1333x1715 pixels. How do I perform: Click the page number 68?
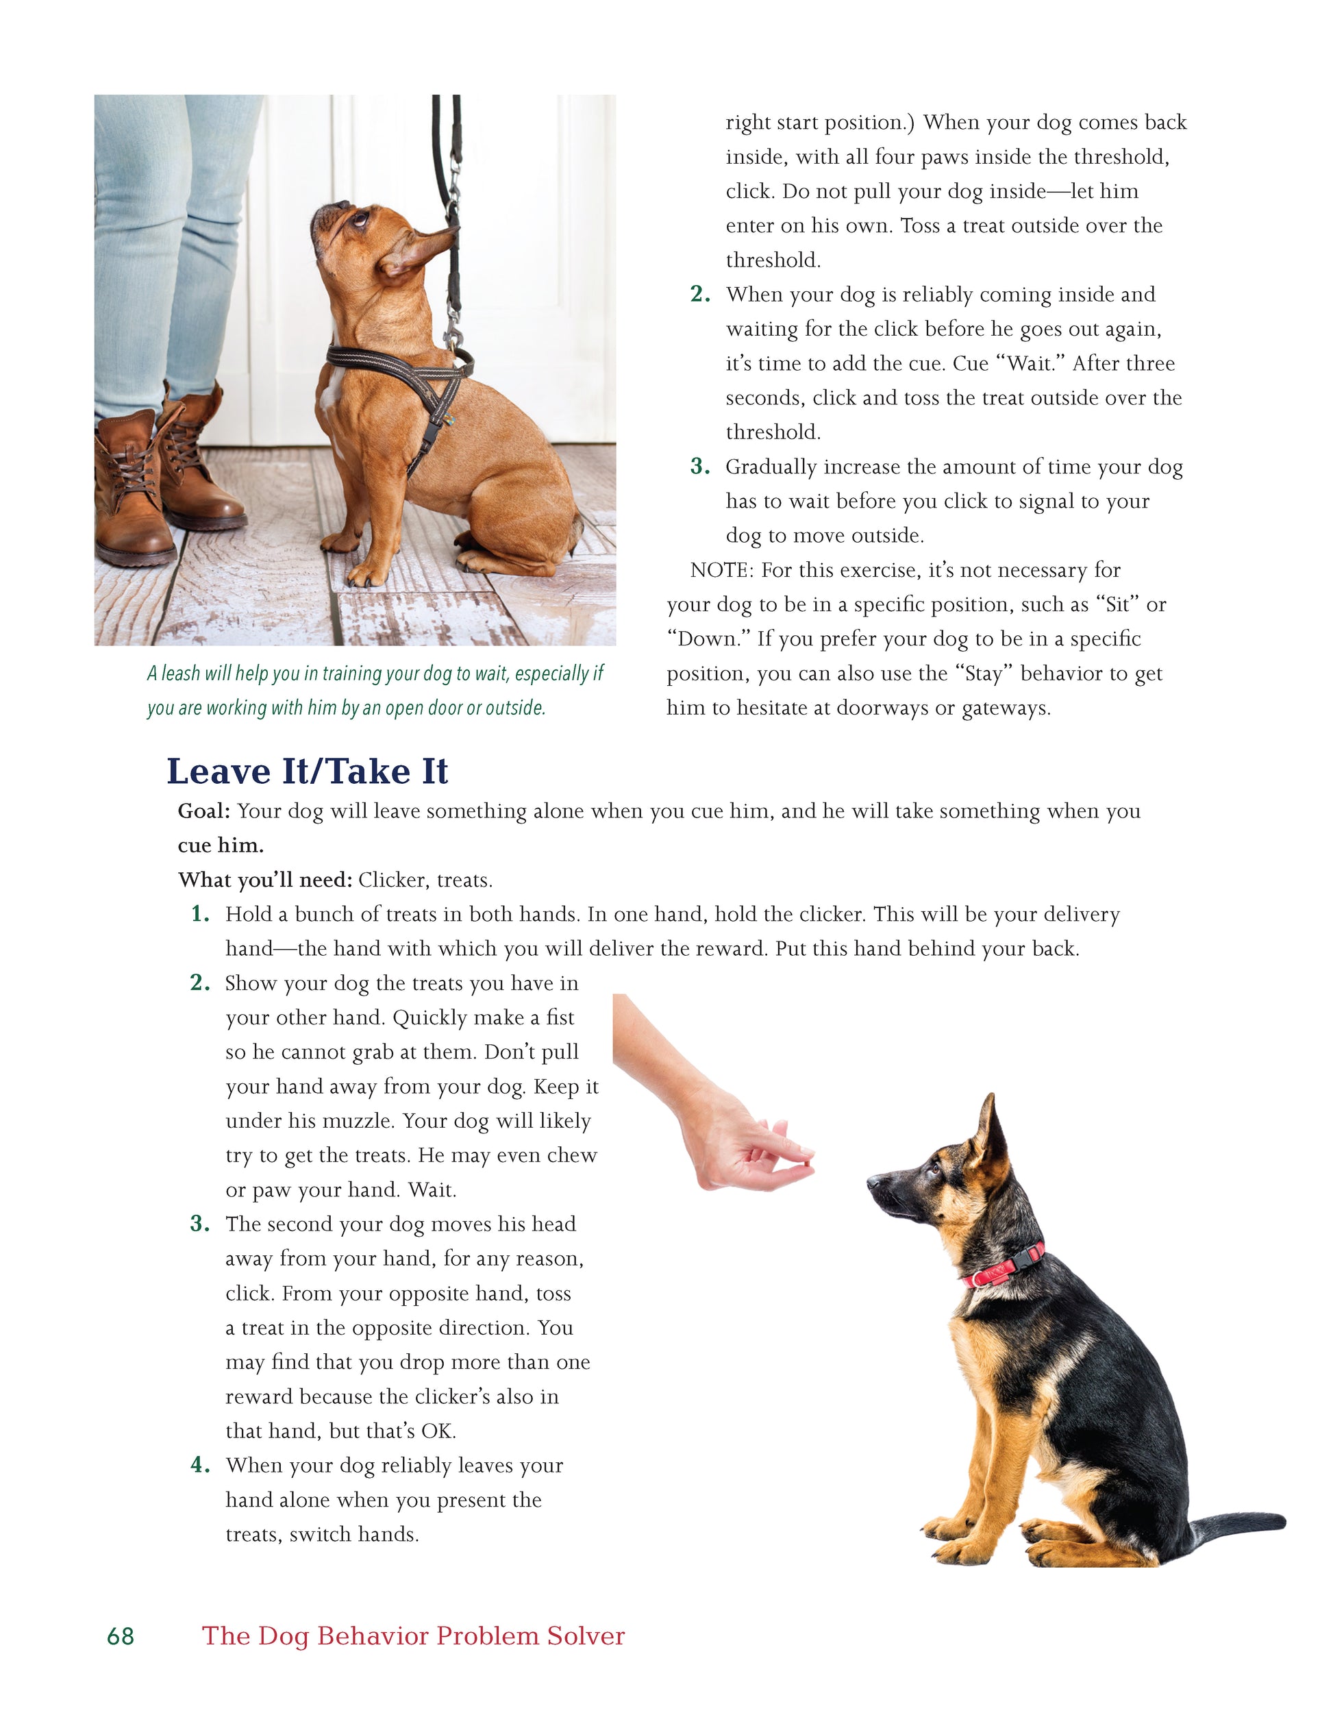tap(120, 1636)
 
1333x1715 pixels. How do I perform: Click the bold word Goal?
tap(204, 811)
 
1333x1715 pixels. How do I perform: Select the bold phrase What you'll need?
tap(265, 880)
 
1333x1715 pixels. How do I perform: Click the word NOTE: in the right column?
tap(721, 570)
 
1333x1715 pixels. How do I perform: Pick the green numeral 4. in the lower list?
tap(200, 1466)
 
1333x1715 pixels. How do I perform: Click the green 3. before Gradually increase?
tap(700, 467)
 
